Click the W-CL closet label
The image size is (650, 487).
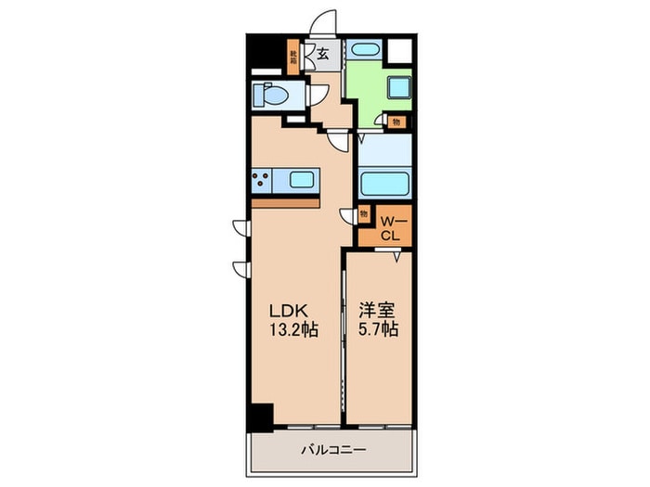coord(391,227)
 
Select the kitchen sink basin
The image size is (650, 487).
coord(304,180)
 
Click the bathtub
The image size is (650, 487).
coord(384,181)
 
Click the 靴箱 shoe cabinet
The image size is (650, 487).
coord(292,57)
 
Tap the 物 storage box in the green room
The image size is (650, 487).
coord(396,120)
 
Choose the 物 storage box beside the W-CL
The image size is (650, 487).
coord(363,214)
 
